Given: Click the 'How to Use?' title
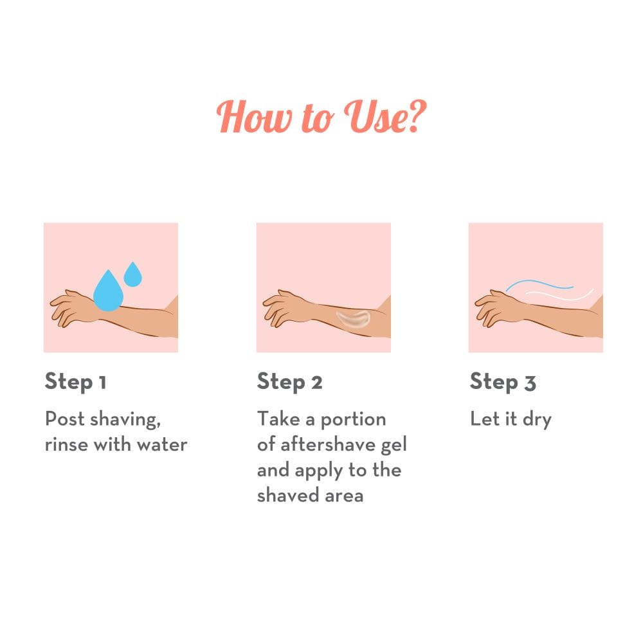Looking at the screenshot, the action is tap(321, 117).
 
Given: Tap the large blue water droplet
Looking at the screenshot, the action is tap(108, 291).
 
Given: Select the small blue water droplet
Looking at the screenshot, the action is tap(133, 275).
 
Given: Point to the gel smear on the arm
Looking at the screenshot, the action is tap(352, 318).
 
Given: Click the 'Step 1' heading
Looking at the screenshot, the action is tap(76, 382).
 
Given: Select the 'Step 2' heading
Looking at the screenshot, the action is tap(289, 382).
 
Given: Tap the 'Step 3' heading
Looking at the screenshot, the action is tap(503, 382).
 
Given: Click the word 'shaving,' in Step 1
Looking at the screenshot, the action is tap(125, 420).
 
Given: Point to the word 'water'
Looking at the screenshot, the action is tap(162, 445).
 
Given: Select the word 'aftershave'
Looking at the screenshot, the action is tap(328, 444).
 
